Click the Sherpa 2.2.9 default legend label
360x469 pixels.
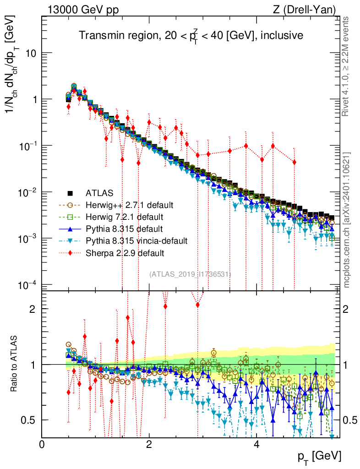(x=125, y=252)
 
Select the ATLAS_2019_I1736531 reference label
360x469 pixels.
(x=190, y=274)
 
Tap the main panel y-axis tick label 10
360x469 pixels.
(x=30, y=53)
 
